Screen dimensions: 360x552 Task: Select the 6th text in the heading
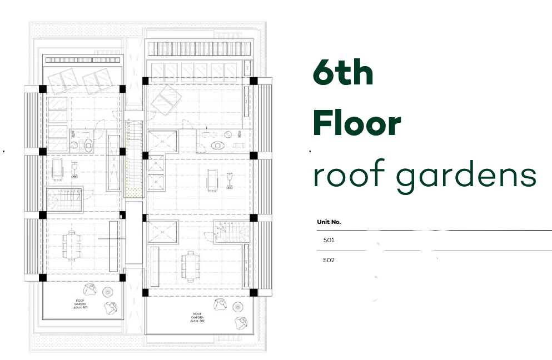342,73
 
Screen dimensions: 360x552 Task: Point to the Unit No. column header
329,222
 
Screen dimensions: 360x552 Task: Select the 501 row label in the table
329,241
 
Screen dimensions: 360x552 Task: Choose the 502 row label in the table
329,259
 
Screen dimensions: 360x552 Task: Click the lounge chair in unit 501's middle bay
58,169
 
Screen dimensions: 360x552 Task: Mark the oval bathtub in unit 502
217,145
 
